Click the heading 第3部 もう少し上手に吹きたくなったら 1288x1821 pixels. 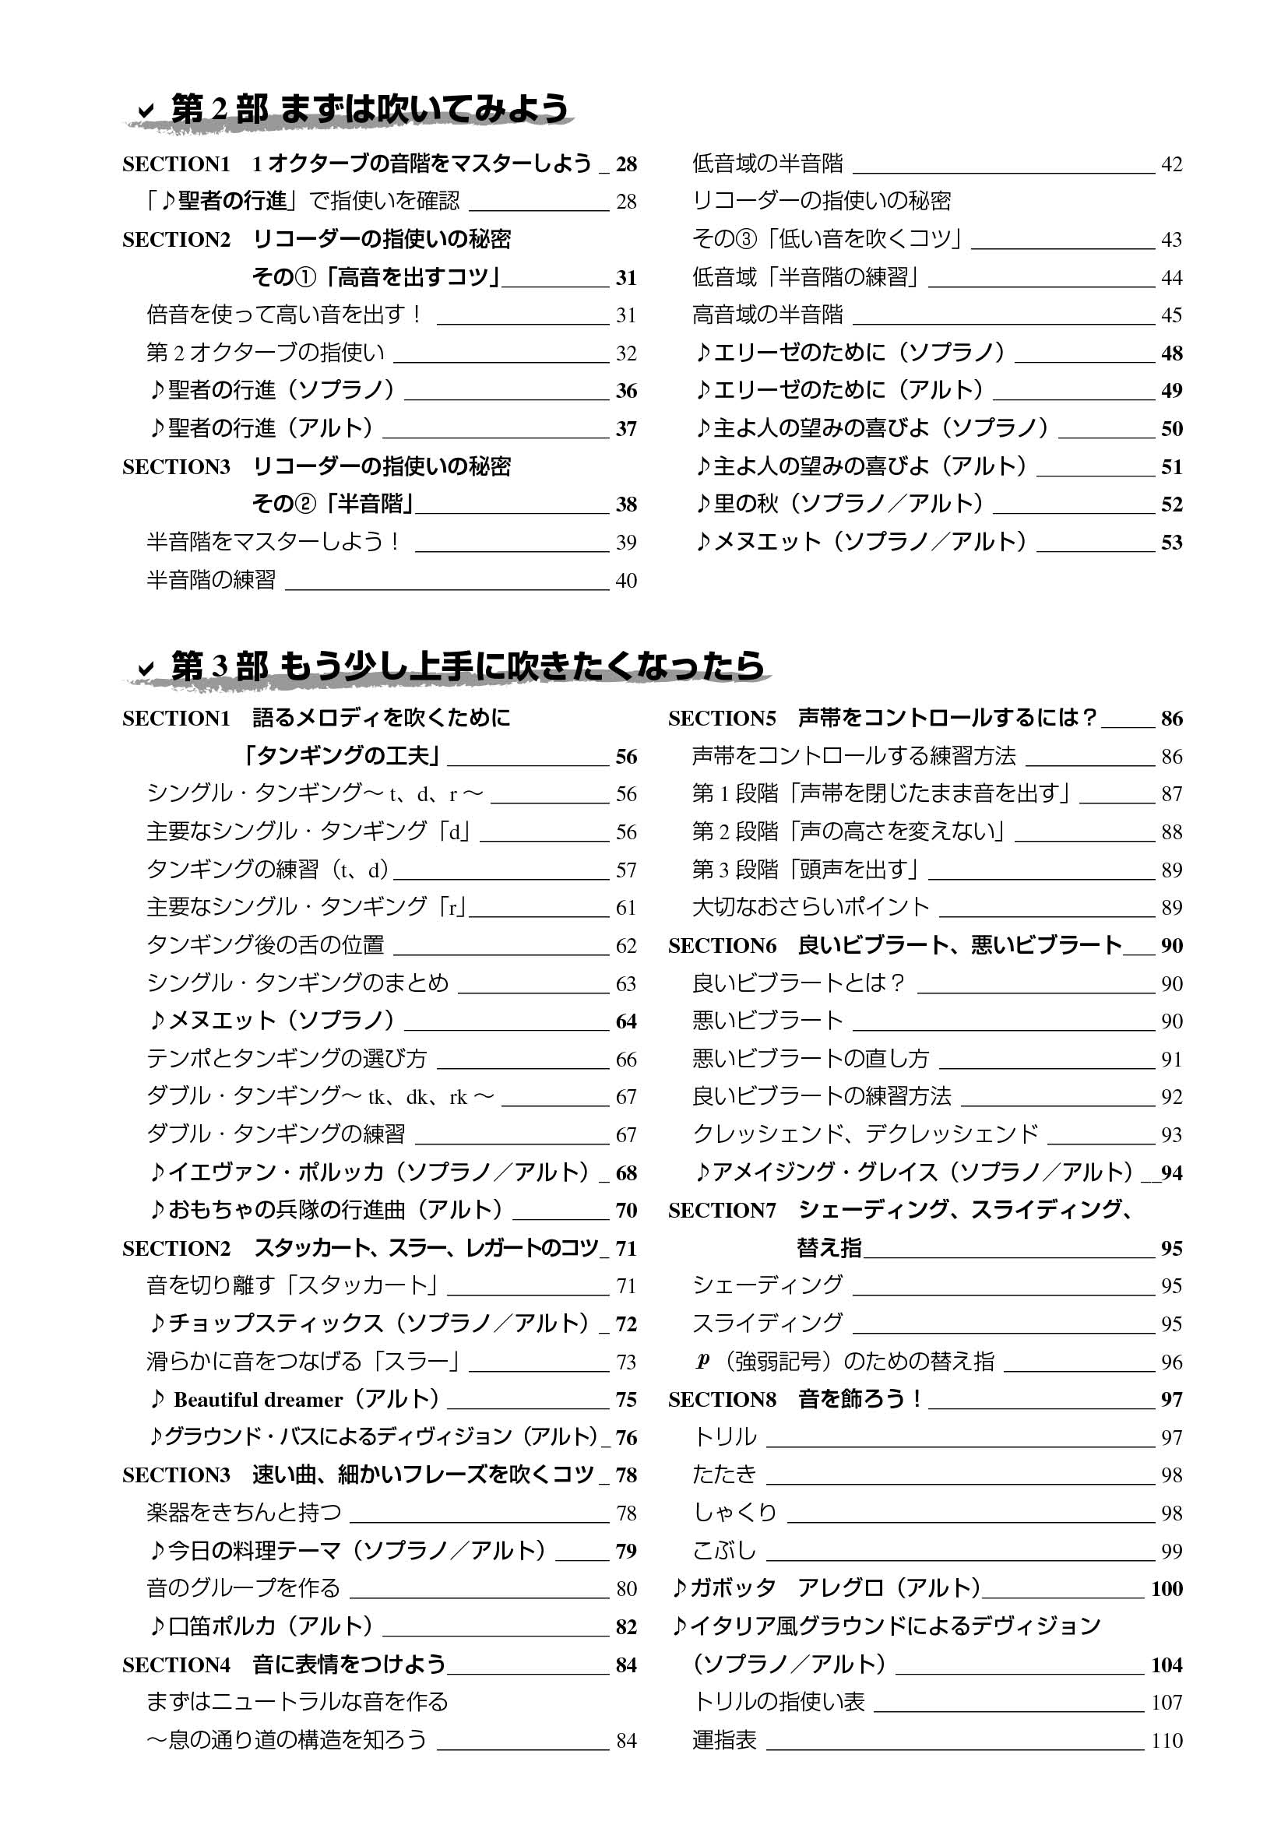pyautogui.click(x=467, y=666)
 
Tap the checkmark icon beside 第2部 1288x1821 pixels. pyautogui.click(x=146, y=111)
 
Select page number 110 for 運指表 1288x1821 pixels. pyautogui.click(x=1167, y=1741)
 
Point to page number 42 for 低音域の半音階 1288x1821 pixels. pyautogui.click(x=1171, y=164)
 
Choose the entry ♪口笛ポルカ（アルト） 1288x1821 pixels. pyautogui.click(x=261, y=1626)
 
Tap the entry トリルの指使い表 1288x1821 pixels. pyautogui.click(x=778, y=1702)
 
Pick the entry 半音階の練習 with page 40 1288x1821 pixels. pyautogui.click(x=211, y=581)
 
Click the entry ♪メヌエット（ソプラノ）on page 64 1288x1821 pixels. pyautogui.click(x=271, y=1021)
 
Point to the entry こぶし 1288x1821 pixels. pyautogui.click(x=724, y=1551)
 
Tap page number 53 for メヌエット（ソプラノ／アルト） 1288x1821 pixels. pyautogui.click(x=1171, y=543)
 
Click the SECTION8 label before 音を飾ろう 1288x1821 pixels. pyautogui.click(x=722, y=1400)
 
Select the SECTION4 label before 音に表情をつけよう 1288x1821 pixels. pyautogui.click(x=176, y=1665)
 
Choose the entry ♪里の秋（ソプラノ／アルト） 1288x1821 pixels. pyautogui.click(x=839, y=504)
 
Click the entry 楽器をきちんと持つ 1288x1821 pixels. pyautogui.click(x=244, y=1513)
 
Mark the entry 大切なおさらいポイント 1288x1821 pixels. pyautogui.click(x=810, y=907)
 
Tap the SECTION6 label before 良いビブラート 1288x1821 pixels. pyautogui.click(x=722, y=945)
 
